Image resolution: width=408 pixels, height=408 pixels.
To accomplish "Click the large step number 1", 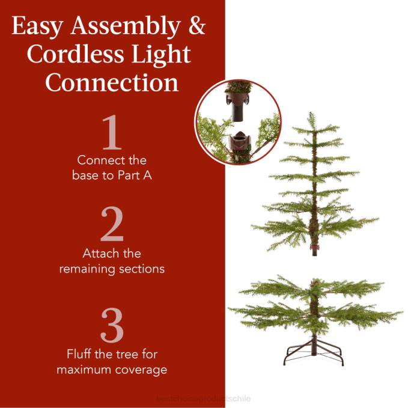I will coord(112,133).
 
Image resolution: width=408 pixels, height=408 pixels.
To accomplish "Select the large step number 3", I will coord(112,326).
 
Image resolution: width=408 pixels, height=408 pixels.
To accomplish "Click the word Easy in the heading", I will coord(38,26).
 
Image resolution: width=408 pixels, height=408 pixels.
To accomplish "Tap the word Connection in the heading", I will coord(112,82).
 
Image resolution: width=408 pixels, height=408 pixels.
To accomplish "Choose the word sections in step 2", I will coord(142,269).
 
